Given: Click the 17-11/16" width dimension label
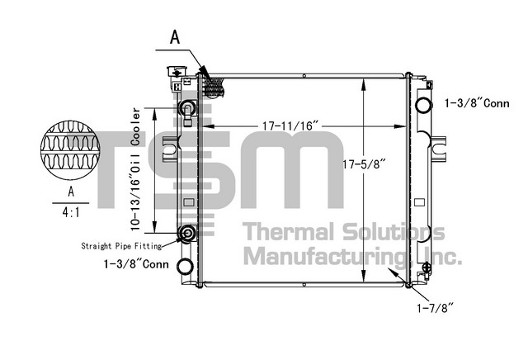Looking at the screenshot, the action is pyautogui.click(x=290, y=126).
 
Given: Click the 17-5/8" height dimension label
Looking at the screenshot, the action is pyautogui.click(x=364, y=164).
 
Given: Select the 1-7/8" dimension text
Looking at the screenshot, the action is pyautogui.click(x=436, y=308).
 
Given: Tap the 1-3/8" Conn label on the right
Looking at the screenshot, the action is pyautogui.click(x=477, y=103).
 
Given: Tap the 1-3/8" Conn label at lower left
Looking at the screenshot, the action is pyautogui.click(x=136, y=263).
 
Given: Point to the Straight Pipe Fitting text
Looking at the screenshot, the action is pyautogui.click(x=121, y=246).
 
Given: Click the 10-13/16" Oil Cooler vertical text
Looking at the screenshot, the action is pyautogui.click(x=135, y=169).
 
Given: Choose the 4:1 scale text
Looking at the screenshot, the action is pyautogui.click(x=71, y=212).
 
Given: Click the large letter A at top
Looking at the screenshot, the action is pyautogui.click(x=175, y=37).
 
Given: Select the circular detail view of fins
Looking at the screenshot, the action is pyautogui.click(x=70, y=149).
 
